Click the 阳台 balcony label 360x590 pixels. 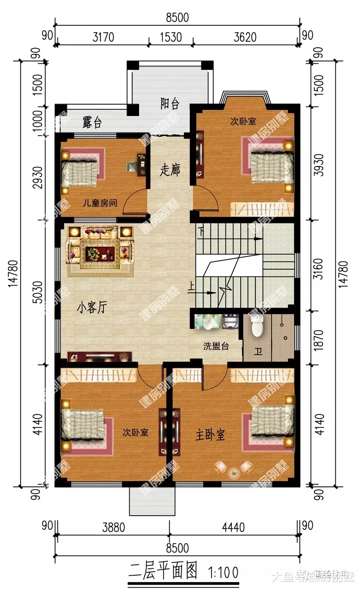169,104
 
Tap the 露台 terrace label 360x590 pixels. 92,122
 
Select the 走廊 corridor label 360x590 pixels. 169,169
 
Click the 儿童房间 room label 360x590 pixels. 100,203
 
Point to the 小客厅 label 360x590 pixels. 92,308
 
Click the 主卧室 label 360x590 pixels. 210,435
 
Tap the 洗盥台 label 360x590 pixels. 216,346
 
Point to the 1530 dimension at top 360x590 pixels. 171,37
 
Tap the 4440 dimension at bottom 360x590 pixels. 233,527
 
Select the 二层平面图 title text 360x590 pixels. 163,571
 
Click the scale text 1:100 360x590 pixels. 224,572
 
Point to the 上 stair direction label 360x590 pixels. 191,287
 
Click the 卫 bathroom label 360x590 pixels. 258,352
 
